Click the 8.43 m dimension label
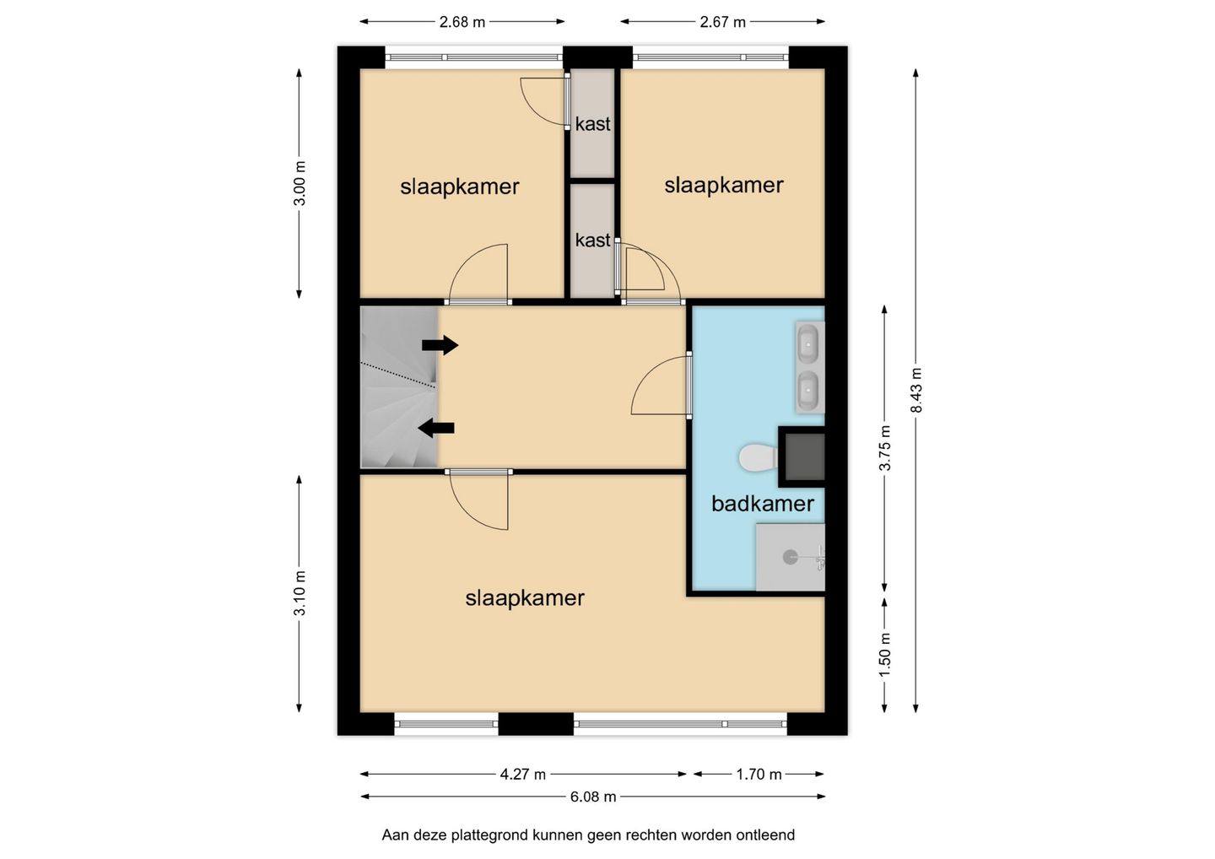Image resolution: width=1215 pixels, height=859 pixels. (915, 391)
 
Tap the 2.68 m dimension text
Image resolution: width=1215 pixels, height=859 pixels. (462, 22)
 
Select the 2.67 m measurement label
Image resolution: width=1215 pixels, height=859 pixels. (722, 22)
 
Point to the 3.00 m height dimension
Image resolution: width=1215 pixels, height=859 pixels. (300, 183)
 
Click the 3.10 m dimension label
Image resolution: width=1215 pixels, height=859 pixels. (300, 592)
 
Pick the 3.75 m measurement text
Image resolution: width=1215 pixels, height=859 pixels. (885, 448)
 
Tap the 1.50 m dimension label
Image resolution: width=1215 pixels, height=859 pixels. (885, 655)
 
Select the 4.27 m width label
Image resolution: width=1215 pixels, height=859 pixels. (523, 775)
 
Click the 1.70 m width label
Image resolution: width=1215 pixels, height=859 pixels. (759, 775)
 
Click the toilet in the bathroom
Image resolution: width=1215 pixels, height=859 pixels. (759, 457)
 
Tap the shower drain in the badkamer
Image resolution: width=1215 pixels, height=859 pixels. (791, 556)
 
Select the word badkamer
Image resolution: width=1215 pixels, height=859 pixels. (763, 505)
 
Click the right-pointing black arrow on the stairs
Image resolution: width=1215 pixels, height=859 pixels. (440, 345)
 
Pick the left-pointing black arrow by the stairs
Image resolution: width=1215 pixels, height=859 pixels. (436, 429)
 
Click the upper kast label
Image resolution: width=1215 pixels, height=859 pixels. (593, 124)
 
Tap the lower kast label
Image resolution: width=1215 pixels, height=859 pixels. (593, 240)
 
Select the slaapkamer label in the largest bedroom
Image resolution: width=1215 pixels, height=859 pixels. (525, 598)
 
